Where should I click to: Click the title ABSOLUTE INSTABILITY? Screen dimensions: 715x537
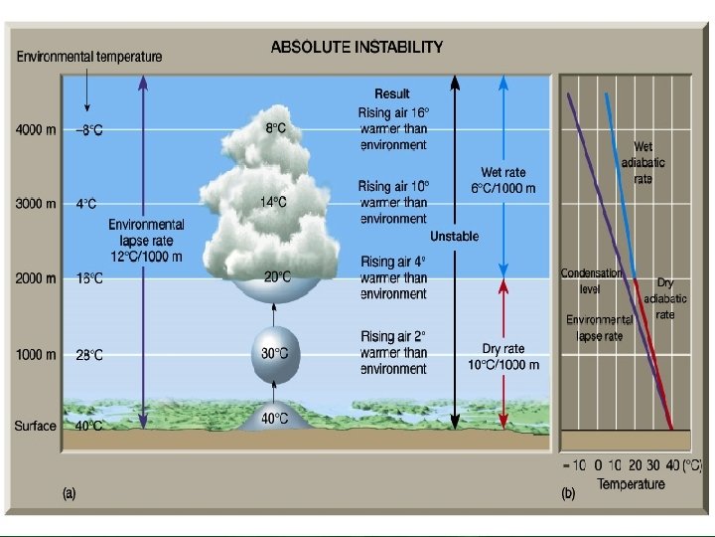click(357, 47)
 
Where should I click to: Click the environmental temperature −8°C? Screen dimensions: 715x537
click(88, 130)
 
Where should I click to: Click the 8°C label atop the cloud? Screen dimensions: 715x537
click(276, 128)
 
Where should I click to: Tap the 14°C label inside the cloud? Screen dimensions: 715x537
click(274, 202)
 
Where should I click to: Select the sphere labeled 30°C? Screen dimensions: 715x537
click(274, 353)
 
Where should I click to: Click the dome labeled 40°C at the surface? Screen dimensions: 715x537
click(274, 419)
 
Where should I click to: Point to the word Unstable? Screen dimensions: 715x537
click(454, 237)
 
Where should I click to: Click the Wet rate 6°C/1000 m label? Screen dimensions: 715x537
click(503, 180)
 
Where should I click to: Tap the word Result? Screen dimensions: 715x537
click(392, 94)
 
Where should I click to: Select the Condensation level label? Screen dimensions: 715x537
click(591, 281)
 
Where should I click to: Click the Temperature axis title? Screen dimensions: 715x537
click(631, 484)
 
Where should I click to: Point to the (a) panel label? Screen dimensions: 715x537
click(71, 492)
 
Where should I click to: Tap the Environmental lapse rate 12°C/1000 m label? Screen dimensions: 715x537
click(146, 241)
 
